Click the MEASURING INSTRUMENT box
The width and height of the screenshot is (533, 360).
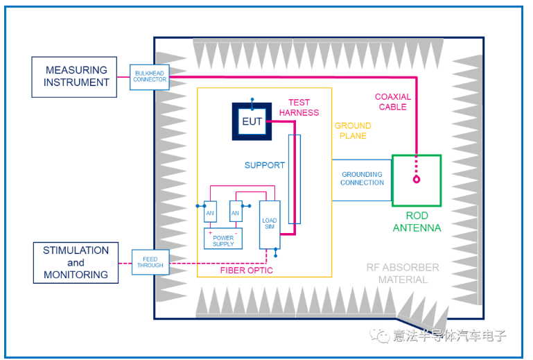coord(76,76)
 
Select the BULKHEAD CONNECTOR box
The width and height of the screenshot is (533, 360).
coord(150,76)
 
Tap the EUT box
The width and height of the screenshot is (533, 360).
coord(252,121)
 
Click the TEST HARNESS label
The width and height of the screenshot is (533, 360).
coord(299,108)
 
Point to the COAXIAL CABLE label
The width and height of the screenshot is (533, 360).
coord(392,102)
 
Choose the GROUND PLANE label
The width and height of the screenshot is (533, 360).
coord(353,130)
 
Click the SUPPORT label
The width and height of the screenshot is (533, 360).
coord(264,165)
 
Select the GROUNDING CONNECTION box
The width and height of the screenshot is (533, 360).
coord(362,179)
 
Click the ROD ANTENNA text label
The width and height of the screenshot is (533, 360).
coord(417,222)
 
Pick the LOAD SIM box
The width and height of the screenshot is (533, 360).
coord(269,224)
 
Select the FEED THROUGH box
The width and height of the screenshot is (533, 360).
coord(150,262)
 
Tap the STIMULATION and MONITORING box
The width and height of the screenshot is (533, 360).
coord(76,262)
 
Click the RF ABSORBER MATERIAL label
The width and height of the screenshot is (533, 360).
coord(403,273)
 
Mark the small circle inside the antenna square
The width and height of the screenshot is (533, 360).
coord(417,180)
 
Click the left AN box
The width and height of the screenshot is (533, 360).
coord(210,213)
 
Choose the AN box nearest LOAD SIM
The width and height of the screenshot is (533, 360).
coord(236,213)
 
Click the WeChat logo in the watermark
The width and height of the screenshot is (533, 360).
coord(380,336)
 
